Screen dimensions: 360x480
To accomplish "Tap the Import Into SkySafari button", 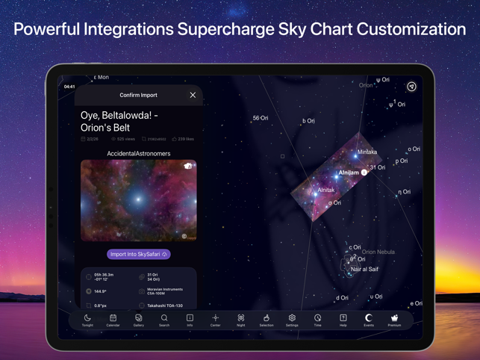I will pyautogui.click(x=138, y=254).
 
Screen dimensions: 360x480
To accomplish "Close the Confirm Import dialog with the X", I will pyautogui.click(x=193, y=95).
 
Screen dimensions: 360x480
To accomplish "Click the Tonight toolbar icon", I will pyautogui.click(x=87, y=319).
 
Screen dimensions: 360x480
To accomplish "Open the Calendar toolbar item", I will pyautogui.click(x=113, y=319).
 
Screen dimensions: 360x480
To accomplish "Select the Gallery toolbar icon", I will pyautogui.click(x=139, y=319).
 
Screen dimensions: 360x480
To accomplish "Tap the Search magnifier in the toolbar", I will pyautogui.click(x=164, y=319).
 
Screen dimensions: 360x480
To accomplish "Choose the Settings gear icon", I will pyautogui.click(x=292, y=319).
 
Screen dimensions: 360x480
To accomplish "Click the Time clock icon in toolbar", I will pyautogui.click(x=317, y=319).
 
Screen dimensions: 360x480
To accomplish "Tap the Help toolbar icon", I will pyautogui.click(x=343, y=319).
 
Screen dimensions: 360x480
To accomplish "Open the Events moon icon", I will pyautogui.click(x=369, y=319).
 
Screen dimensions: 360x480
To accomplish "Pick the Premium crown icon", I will pyautogui.click(x=394, y=319).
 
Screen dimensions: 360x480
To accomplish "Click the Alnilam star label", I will pyautogui.click(x=349, y=173).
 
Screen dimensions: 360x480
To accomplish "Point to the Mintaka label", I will pyautogui.click(x=367, y=152).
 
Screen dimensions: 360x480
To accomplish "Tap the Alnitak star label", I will pyautogui.click(x=325, y=190).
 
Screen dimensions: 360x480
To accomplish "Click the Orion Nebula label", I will pyautogui.click(x=378, y=252).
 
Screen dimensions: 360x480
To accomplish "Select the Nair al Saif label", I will pyautogui.click(x=365, y=269).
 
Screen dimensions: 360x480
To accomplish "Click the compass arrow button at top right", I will pyautogui.click(x=411, y=87).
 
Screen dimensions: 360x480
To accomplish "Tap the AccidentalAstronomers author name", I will pyautogui.click(x=138, y=153).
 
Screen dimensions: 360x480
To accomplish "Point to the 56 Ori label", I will pyautogui.click(x=261, y=118).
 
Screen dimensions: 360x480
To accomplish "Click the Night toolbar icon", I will pyautogui.click(x=241, y=319).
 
